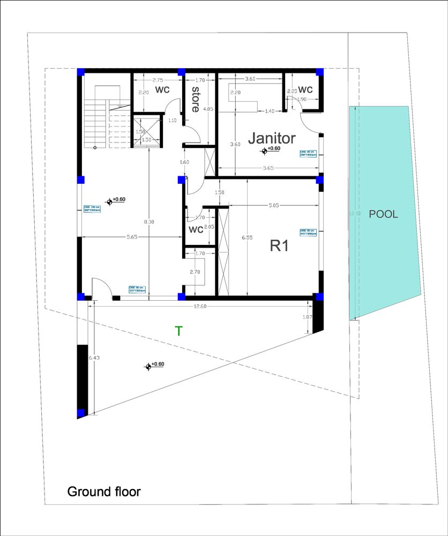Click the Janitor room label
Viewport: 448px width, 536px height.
271,138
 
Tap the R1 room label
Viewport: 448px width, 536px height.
281,246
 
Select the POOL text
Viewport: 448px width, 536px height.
383,214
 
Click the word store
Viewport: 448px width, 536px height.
196,99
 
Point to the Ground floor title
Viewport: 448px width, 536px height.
103,492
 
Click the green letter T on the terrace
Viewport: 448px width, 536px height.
179,331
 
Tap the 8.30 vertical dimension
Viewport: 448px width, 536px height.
149,221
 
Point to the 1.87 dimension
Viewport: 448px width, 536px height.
307,317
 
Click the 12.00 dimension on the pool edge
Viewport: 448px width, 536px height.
355,213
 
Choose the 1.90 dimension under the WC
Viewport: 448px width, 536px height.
302,100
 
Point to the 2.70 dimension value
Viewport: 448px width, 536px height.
195,272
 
